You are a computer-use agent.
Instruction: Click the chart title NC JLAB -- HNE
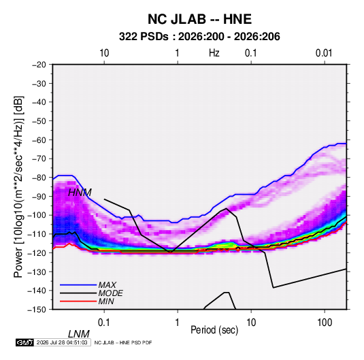point(199,19)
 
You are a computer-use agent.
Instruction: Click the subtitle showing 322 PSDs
point(199,37)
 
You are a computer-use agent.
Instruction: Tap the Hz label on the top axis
point(214,53)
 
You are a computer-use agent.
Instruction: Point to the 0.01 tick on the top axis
point(324,53)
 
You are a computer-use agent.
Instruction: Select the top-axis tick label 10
point(104,53)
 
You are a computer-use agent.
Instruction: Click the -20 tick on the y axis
point(39,65)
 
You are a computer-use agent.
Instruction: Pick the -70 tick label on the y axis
point(39,159)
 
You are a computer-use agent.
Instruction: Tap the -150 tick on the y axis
point(37,310)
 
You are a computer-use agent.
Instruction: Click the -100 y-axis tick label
point(37,215)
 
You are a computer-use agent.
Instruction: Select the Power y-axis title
point(18,186)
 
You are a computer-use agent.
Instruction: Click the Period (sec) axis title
point(214,330)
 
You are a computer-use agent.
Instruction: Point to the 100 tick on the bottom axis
point(325,322)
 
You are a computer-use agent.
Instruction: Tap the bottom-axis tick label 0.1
point(104,322)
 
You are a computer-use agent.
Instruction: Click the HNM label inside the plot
point(80,193)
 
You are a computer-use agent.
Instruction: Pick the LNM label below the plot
point(78,334)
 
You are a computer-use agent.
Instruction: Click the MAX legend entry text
point(107,285)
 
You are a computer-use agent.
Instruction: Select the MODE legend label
point(110,293)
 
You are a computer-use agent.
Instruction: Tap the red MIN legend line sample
point(78,301)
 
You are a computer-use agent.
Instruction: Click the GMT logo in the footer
point(24,342)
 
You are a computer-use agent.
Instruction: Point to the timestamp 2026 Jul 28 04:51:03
point(62,342)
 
